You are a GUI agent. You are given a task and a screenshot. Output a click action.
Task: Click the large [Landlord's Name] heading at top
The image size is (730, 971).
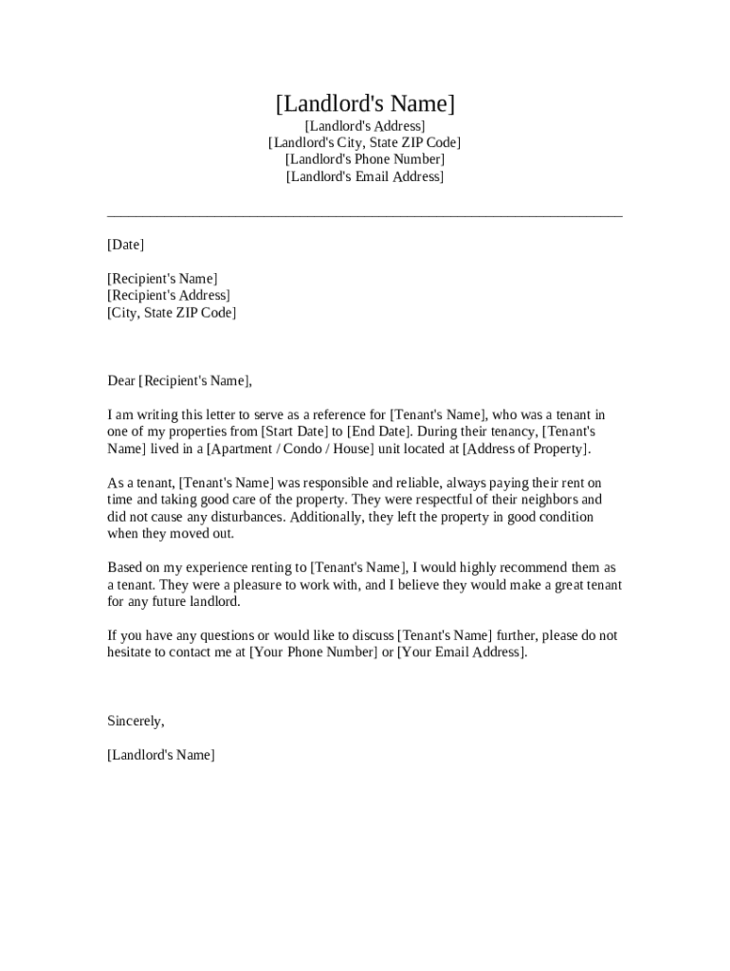(x=365, y=103)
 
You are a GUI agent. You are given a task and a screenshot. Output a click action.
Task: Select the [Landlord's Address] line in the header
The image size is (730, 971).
(x=365, y=126)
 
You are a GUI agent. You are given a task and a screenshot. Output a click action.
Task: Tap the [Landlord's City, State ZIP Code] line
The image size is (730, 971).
(x=365, y=143)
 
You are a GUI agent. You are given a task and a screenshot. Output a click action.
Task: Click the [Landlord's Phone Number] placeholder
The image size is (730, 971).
(x=365, y=159)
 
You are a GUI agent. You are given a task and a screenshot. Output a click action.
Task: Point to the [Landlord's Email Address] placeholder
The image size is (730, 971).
(x=365, y=176)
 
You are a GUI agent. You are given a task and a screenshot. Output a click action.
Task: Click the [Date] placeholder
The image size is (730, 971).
(x=126, y=245)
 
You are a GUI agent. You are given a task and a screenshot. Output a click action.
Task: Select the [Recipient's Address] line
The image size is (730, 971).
(x=169, y=296)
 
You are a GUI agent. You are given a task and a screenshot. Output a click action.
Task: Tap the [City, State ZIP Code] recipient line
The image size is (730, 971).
(x=172, y=313)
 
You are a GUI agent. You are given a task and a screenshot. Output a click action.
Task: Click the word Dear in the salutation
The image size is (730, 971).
(x=121, y=381)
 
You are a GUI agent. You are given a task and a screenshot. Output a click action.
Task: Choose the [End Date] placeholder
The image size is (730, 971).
(x=379, y=431)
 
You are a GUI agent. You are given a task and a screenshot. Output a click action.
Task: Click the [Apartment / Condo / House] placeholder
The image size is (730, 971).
(x=291, y=449)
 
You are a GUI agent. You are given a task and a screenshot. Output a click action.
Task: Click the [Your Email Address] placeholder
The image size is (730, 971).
(x=461, y=652)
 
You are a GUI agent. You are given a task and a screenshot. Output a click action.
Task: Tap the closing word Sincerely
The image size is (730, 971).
(x=135, y=721)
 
